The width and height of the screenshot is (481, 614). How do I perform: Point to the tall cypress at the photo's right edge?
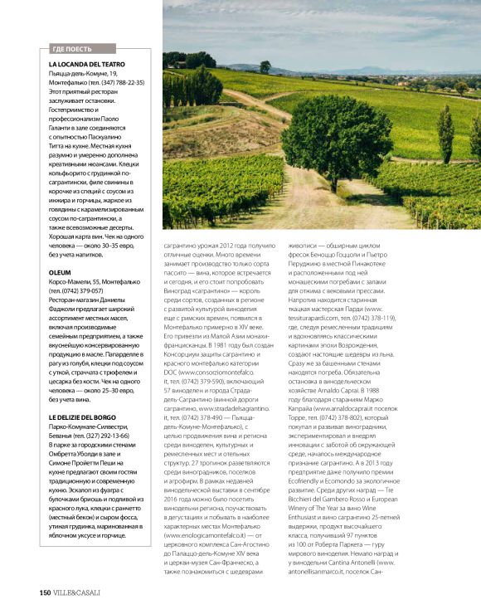(445, 133)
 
